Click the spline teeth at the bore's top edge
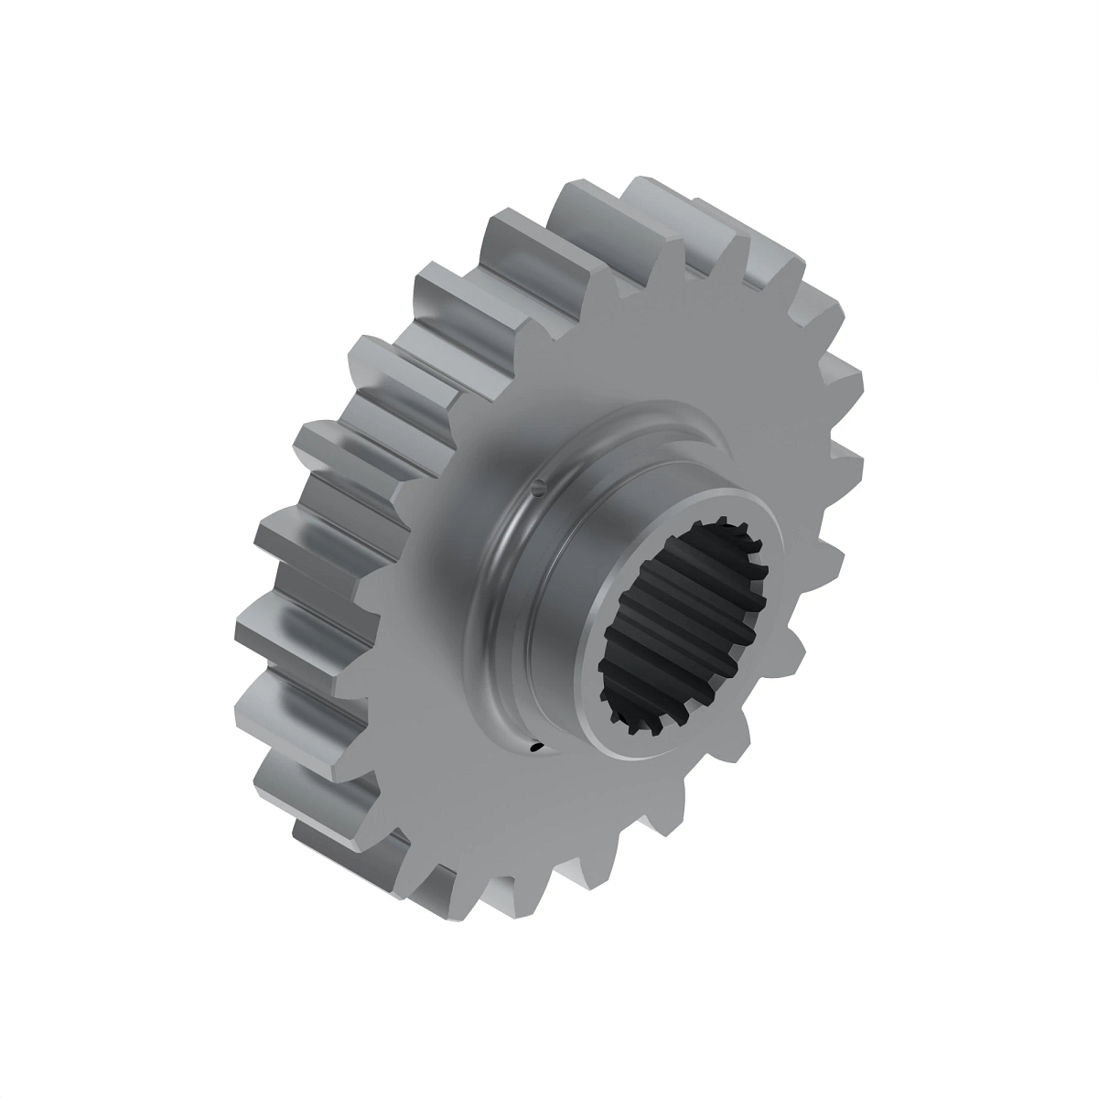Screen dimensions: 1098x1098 (723, 535)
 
